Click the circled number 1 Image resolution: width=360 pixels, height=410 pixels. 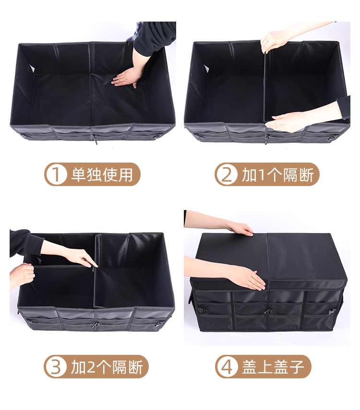pos(56,175)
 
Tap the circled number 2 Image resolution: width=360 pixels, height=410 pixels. pos(227,175)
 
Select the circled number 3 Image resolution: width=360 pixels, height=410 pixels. pos(56,366)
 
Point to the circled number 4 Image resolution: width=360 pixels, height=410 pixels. pos(227,366)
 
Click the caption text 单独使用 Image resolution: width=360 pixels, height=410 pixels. pos(102,175)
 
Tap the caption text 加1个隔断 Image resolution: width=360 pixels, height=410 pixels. pos(278,175)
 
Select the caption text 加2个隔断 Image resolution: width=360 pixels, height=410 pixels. pos(107,367)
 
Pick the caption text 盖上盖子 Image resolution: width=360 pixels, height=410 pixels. pos(273,367)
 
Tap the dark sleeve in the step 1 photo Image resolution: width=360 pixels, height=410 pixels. pos(155,36)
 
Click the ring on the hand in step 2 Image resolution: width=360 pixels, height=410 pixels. pos(266,40)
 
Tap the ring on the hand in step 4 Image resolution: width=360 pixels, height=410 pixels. pos(252,280)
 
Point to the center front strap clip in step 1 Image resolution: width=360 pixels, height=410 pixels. pos(95,140)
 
